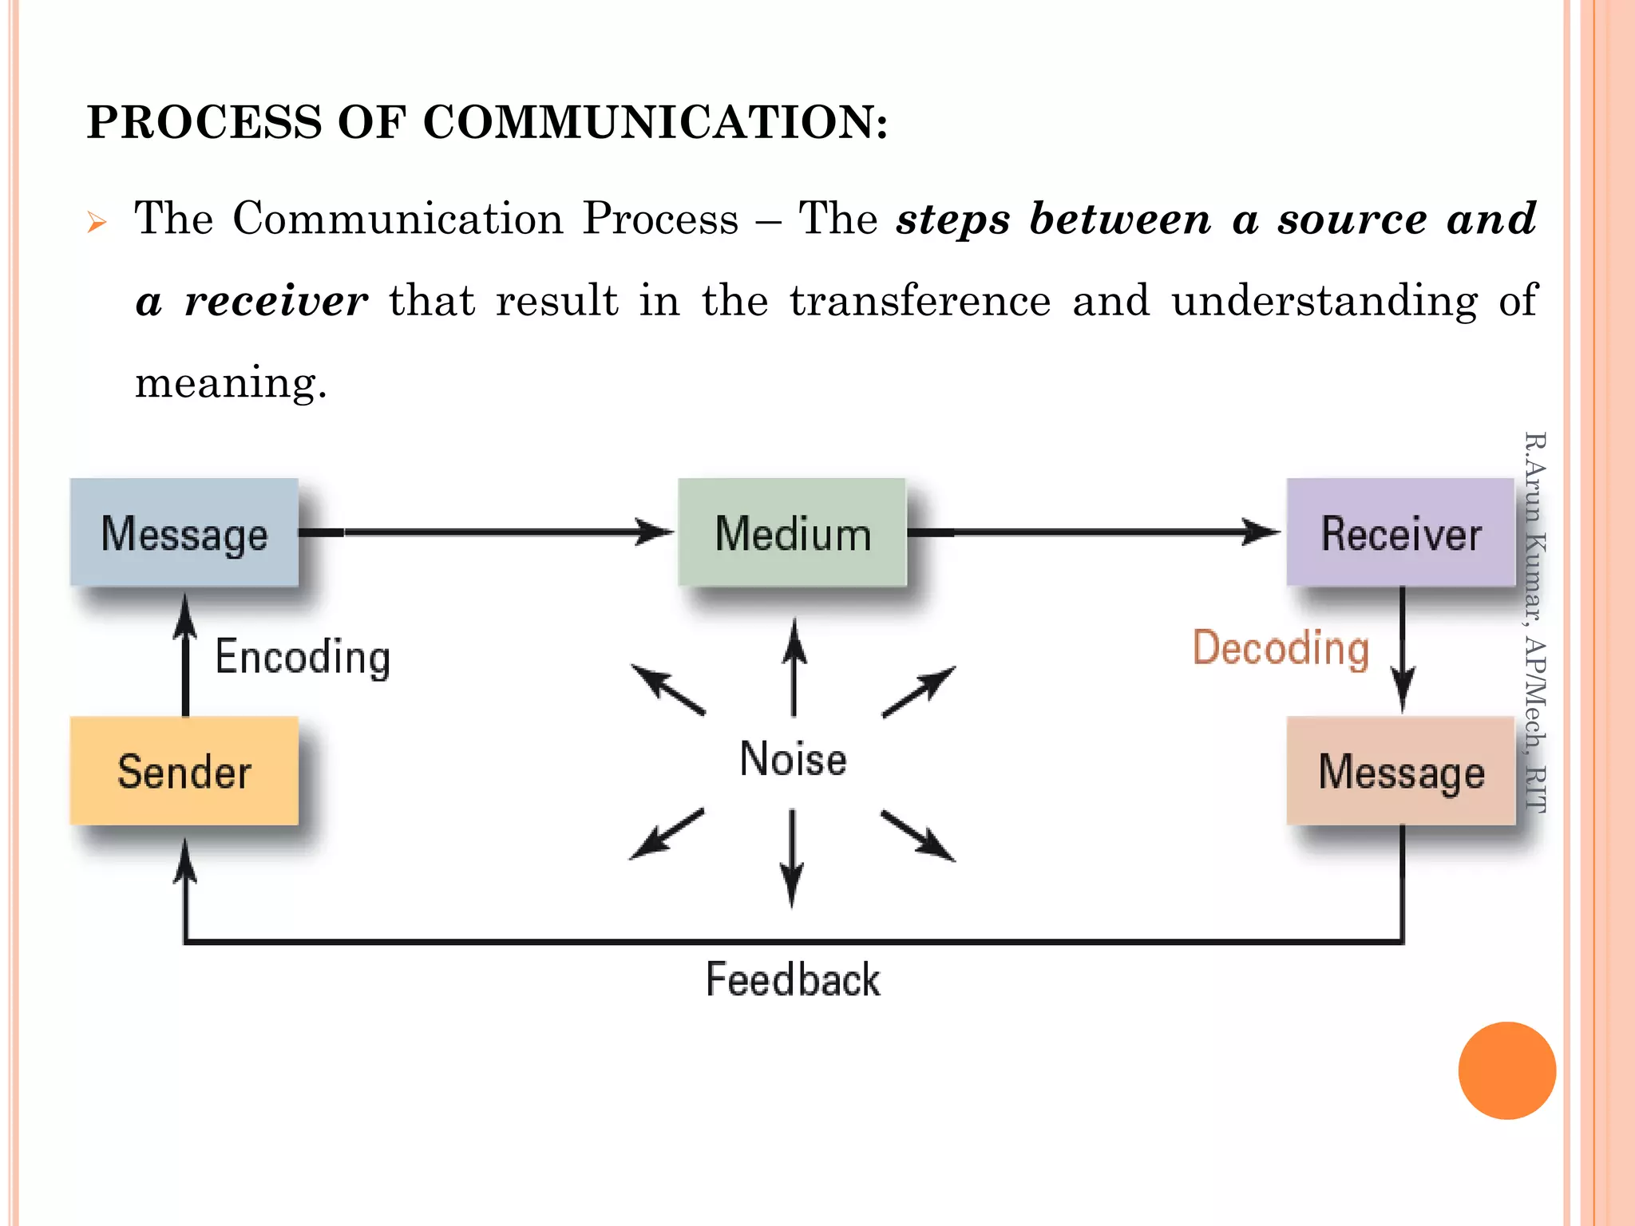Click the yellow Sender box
click(184, 771)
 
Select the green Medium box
click(792, 532)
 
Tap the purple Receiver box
click(1400, 532)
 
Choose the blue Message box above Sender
click(184, 532)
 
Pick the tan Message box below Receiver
click(1400, 771)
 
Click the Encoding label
click(303, 658)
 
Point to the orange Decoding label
click(1281, 648)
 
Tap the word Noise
click(793, 758)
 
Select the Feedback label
click(793, 979)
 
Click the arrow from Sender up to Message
click(185, 655)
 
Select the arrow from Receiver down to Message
click(1403, 651)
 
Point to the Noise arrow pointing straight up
click(794, 667)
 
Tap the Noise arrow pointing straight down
click(792, 859)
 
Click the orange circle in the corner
click(1506, 1070)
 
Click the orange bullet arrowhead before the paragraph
click(97, 222)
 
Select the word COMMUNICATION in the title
click(654, 122)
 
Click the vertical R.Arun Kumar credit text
click(1534, 623)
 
